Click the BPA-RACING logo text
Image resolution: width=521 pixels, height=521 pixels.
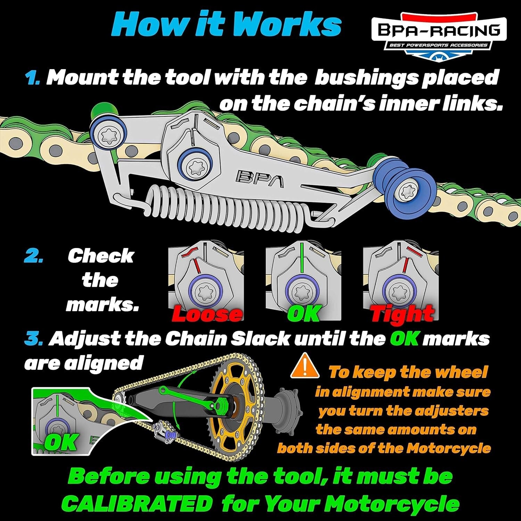(x=439, y=31)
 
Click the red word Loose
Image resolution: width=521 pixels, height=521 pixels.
(x=207, y=314)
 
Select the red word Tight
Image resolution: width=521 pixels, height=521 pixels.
(x=402, y=314)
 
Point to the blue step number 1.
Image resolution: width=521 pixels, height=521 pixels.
(x=33, y=78)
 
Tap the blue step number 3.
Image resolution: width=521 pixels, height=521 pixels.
(x=34, y=339)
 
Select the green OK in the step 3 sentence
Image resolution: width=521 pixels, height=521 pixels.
(x=404, y=339)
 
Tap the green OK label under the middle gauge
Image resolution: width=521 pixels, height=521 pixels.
(x=303, y=314)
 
